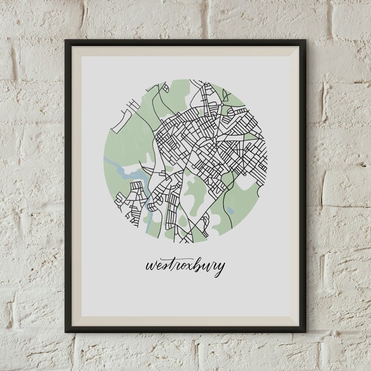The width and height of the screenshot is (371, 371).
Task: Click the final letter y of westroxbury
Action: click(x=222, y=269)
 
